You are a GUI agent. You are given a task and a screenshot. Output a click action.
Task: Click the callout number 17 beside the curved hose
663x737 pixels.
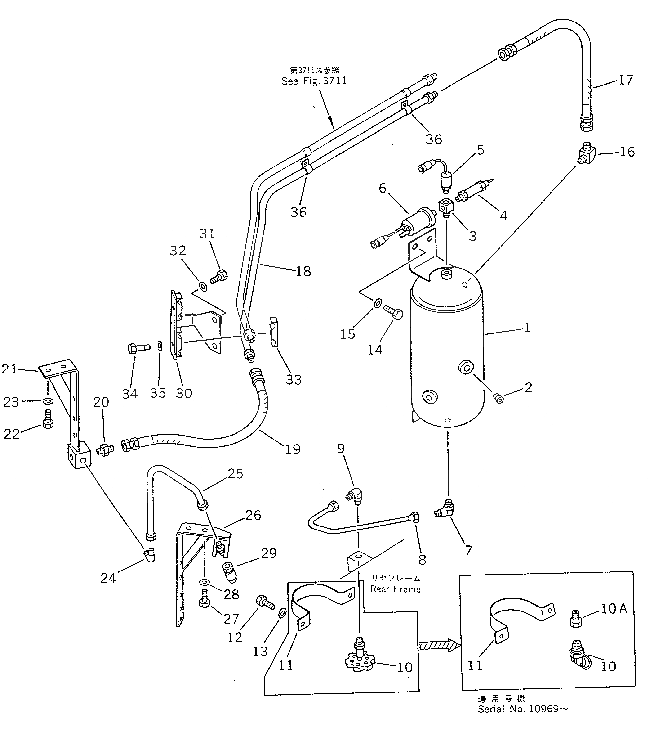coord(626,80)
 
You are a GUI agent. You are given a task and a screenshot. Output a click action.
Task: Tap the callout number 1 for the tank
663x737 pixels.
coord(527,328)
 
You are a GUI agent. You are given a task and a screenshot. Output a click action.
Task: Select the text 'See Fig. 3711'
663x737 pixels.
coord(314,81)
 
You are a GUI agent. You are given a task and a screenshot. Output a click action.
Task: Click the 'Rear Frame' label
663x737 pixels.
coord(395,589)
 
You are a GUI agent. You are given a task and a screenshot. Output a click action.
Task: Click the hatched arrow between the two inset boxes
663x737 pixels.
coord(440,645)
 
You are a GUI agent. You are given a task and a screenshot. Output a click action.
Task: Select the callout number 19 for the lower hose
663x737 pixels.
coord(293,449)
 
